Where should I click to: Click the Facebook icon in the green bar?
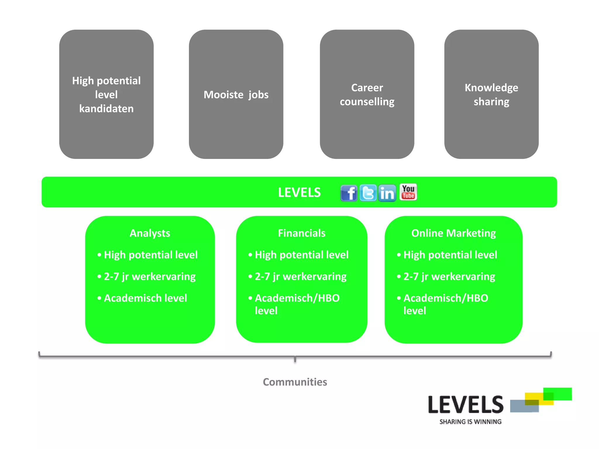tap(349, 193)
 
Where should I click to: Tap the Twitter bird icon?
tap(368, 193)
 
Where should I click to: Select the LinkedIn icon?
tap(387, 193)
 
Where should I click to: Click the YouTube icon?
tap(408, 192)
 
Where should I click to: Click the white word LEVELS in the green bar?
tap(299, 192)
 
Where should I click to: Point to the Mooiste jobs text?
tap(236, 95)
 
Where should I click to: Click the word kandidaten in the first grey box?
tap(106, 109)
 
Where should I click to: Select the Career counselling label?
tap(367, 95)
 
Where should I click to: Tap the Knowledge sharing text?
tap(491, 95)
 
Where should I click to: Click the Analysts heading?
tap(150, 233)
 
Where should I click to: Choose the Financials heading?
tap(301, 233)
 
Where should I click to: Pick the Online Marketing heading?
tap(453, 233)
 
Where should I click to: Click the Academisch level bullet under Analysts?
tap(145, 298)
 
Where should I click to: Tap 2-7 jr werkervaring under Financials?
tap(300, 276)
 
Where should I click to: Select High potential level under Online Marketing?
tap(450, 255)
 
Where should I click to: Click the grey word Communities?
tap(295, 382)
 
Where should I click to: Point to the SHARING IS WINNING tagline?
tap(470, 422)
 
